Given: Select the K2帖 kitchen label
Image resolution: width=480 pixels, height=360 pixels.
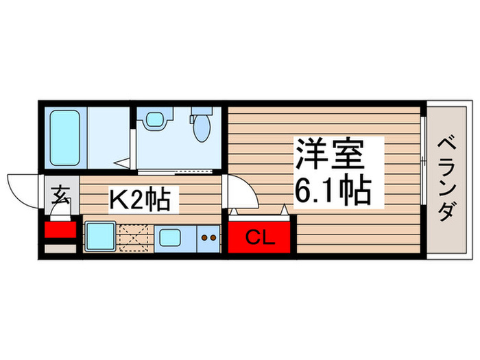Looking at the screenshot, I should tap(145, 200).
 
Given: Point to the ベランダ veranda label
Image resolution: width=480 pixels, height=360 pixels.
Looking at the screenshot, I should tap(446, 180).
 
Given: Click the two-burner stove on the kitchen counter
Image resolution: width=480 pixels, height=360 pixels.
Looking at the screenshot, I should tap(208, 239).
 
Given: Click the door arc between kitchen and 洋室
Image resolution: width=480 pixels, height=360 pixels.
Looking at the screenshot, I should tap(241, 193).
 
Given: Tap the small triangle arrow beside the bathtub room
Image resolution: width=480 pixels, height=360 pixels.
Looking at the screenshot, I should tap(121, 165).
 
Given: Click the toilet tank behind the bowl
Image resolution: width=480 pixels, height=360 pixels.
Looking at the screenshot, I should tap(200, 112).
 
